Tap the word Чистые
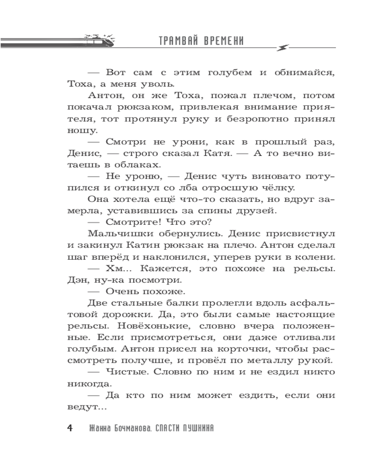pyautogui.click(x=128, y=374)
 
